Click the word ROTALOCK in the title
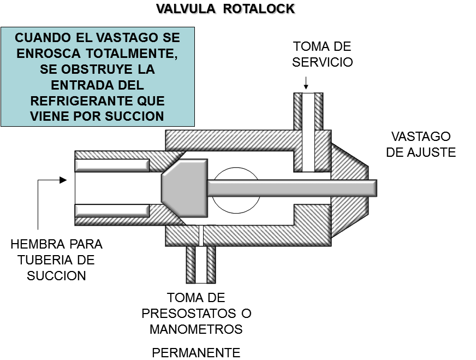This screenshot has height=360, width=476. (259, 9)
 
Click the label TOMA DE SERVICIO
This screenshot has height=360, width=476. (322, 54)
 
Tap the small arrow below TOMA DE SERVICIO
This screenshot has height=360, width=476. (306, 84)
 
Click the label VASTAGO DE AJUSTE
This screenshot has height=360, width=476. (420, 144)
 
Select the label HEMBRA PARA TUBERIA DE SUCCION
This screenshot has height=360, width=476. (56, 259)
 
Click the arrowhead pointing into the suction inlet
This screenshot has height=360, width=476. (63, 179)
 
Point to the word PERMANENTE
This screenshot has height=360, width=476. (196, 352)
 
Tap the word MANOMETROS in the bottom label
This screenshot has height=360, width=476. (196, 329)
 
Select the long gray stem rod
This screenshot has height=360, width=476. (291, 188)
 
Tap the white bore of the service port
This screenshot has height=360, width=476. (308, 131)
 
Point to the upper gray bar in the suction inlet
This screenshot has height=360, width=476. (112, 165)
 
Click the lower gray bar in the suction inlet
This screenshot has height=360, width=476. (112, 210)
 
